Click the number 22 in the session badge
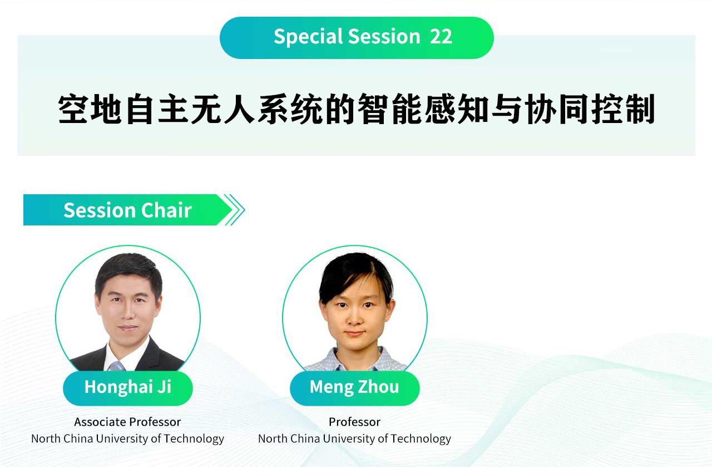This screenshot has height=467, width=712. point(441,37)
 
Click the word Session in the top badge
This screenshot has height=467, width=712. point(384,37)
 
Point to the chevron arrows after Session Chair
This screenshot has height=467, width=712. point(234,210)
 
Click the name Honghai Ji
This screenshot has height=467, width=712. point(128,387)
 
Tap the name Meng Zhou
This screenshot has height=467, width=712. point(354,387)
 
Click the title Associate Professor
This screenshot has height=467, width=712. point(127,422)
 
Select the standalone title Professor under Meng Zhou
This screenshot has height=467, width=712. point(354,422)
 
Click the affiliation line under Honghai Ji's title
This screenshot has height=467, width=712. point(127,439)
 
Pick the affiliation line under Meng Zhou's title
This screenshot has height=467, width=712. point(354,439)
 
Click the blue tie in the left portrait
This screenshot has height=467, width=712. point(117,366)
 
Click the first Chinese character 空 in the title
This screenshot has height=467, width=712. point(73,109)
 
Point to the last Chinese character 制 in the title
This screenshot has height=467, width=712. point(640,109)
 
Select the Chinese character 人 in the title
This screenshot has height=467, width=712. point(240,109)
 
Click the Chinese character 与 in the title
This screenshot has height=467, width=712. point(506,109)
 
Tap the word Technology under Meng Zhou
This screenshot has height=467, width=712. point(421,439)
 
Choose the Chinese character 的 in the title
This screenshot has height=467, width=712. point(339,109)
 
